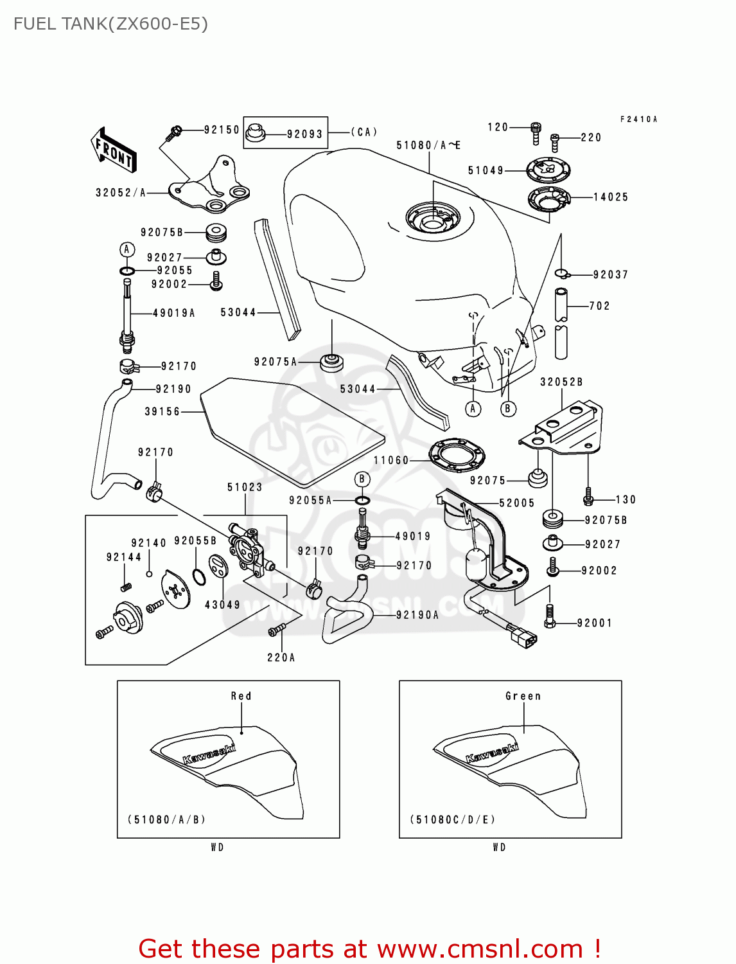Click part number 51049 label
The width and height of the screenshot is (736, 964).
pyautogui.click(x=486, y=170)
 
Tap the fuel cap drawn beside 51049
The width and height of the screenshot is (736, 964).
pyautogui.click(x=548, y=170)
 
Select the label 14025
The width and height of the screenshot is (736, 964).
pyautogui.click(x=610, y=197)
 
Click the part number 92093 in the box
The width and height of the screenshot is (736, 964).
pyautogui.click(x=304, y=134)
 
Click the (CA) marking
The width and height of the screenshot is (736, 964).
pyautogui.click(x=364, y=132)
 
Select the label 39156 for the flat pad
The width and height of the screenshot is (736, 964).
pyautogui.click(x=162, y=411)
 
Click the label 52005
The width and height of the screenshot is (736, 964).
pyautogui.click(x=517, y=503)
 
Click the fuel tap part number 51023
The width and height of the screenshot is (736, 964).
pyautogui.click(x=245, y=487)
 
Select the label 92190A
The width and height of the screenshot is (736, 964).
pyautogui.click(x=417, y=615)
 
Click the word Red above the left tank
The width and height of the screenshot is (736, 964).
pyautogui.click(x=241, y=696)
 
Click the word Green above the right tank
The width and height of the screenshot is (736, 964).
pyautogui.click(x=523, y=696)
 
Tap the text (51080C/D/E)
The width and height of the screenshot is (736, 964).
pyautogui.click(x=453, y=819)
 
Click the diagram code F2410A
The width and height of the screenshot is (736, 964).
pyautogui.click(x=638, y=120)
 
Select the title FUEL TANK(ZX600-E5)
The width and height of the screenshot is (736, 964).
pyautogui.click(x=110, y=24)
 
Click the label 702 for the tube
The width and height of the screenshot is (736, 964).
pyautogui.click(x=599, y=306)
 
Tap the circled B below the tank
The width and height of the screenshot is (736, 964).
pyautogui.click(x=508, y=408)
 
